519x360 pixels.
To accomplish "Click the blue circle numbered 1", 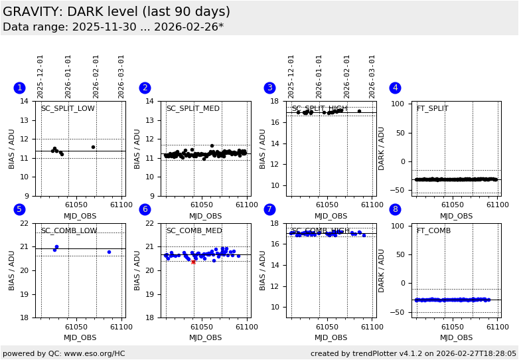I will pyautogui.click(x=19, y=88).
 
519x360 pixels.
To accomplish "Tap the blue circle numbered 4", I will pyautogui.click(x=395, y=88).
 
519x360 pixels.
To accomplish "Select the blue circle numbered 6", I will pyautogui.click(x=145, y=210).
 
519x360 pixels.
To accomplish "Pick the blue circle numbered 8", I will pyautogui.click(x=395, y=210).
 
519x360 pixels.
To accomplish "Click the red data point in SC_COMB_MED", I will pyautogui.click(x=193, y=262).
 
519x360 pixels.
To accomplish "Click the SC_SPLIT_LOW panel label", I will pyautogui.click(x=68, y=109).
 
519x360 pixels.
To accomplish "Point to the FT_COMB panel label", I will pyautogui.click(x=433, y=231).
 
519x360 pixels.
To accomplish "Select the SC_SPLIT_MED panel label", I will pyautogui.click(x=192, y=109).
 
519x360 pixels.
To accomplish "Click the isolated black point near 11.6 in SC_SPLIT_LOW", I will pyautogui.click(x=93, y=147).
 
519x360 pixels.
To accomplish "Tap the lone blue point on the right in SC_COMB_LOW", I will pyautogui.click(x=109, y=252).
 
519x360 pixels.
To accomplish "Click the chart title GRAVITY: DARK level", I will pyautogui.click(x=116, y=12).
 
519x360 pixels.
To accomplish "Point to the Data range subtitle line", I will pyautogui.click(x=113, y=27).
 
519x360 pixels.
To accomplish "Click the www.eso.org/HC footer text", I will pyautogui.click(x=64, y=353).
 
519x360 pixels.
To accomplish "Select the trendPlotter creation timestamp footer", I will pyautogui.click(x=413, y=353).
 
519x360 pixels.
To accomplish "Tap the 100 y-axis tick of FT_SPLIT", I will pyautogui.click(x=400, y=104).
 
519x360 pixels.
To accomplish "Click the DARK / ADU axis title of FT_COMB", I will pyautogui.click(x=382, y=270).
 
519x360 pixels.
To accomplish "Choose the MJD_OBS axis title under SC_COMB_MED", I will pyautogui.click(x=206, y=338).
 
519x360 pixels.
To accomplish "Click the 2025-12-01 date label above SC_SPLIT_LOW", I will pyautogui.click(x=40, y=76).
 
